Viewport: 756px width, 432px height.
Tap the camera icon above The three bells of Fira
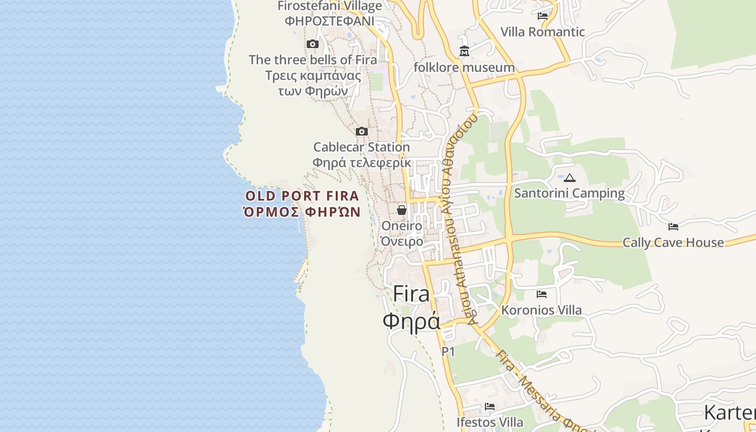[313, 44]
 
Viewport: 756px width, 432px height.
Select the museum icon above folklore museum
[464, 51]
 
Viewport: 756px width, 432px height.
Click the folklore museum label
[464, 67]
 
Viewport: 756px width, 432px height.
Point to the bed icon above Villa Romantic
[543, 16]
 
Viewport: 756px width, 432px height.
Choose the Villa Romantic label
[543, 32]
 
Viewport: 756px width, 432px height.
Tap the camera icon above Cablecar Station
[362, 131]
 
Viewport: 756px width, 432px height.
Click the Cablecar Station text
[361, 147]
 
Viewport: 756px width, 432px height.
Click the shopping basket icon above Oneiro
[402, 210]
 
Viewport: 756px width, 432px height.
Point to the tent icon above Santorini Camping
[570, 177]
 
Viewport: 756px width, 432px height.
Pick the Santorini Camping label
[569, 193]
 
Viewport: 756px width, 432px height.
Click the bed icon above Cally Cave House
[673, 226]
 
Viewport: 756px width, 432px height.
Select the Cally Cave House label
[673, 242]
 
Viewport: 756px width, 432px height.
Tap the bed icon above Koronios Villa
[542, 294]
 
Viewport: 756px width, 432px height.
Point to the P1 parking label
[448, 352]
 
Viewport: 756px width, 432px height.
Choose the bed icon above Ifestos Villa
[490, 406]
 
